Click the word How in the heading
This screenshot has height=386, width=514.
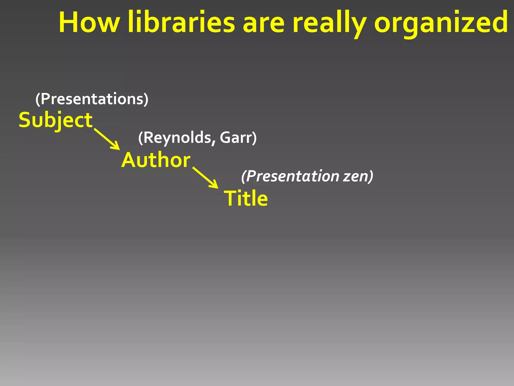(89, 23)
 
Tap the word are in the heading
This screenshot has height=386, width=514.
(264, 24)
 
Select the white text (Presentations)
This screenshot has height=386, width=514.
(92, 99)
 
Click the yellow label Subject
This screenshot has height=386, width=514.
(56, 120)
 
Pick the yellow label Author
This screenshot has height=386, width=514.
(156, 160)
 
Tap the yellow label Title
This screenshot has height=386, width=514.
(246, 199)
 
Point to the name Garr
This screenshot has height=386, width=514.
(236, 138)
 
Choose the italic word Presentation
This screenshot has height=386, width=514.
(292, 176)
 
